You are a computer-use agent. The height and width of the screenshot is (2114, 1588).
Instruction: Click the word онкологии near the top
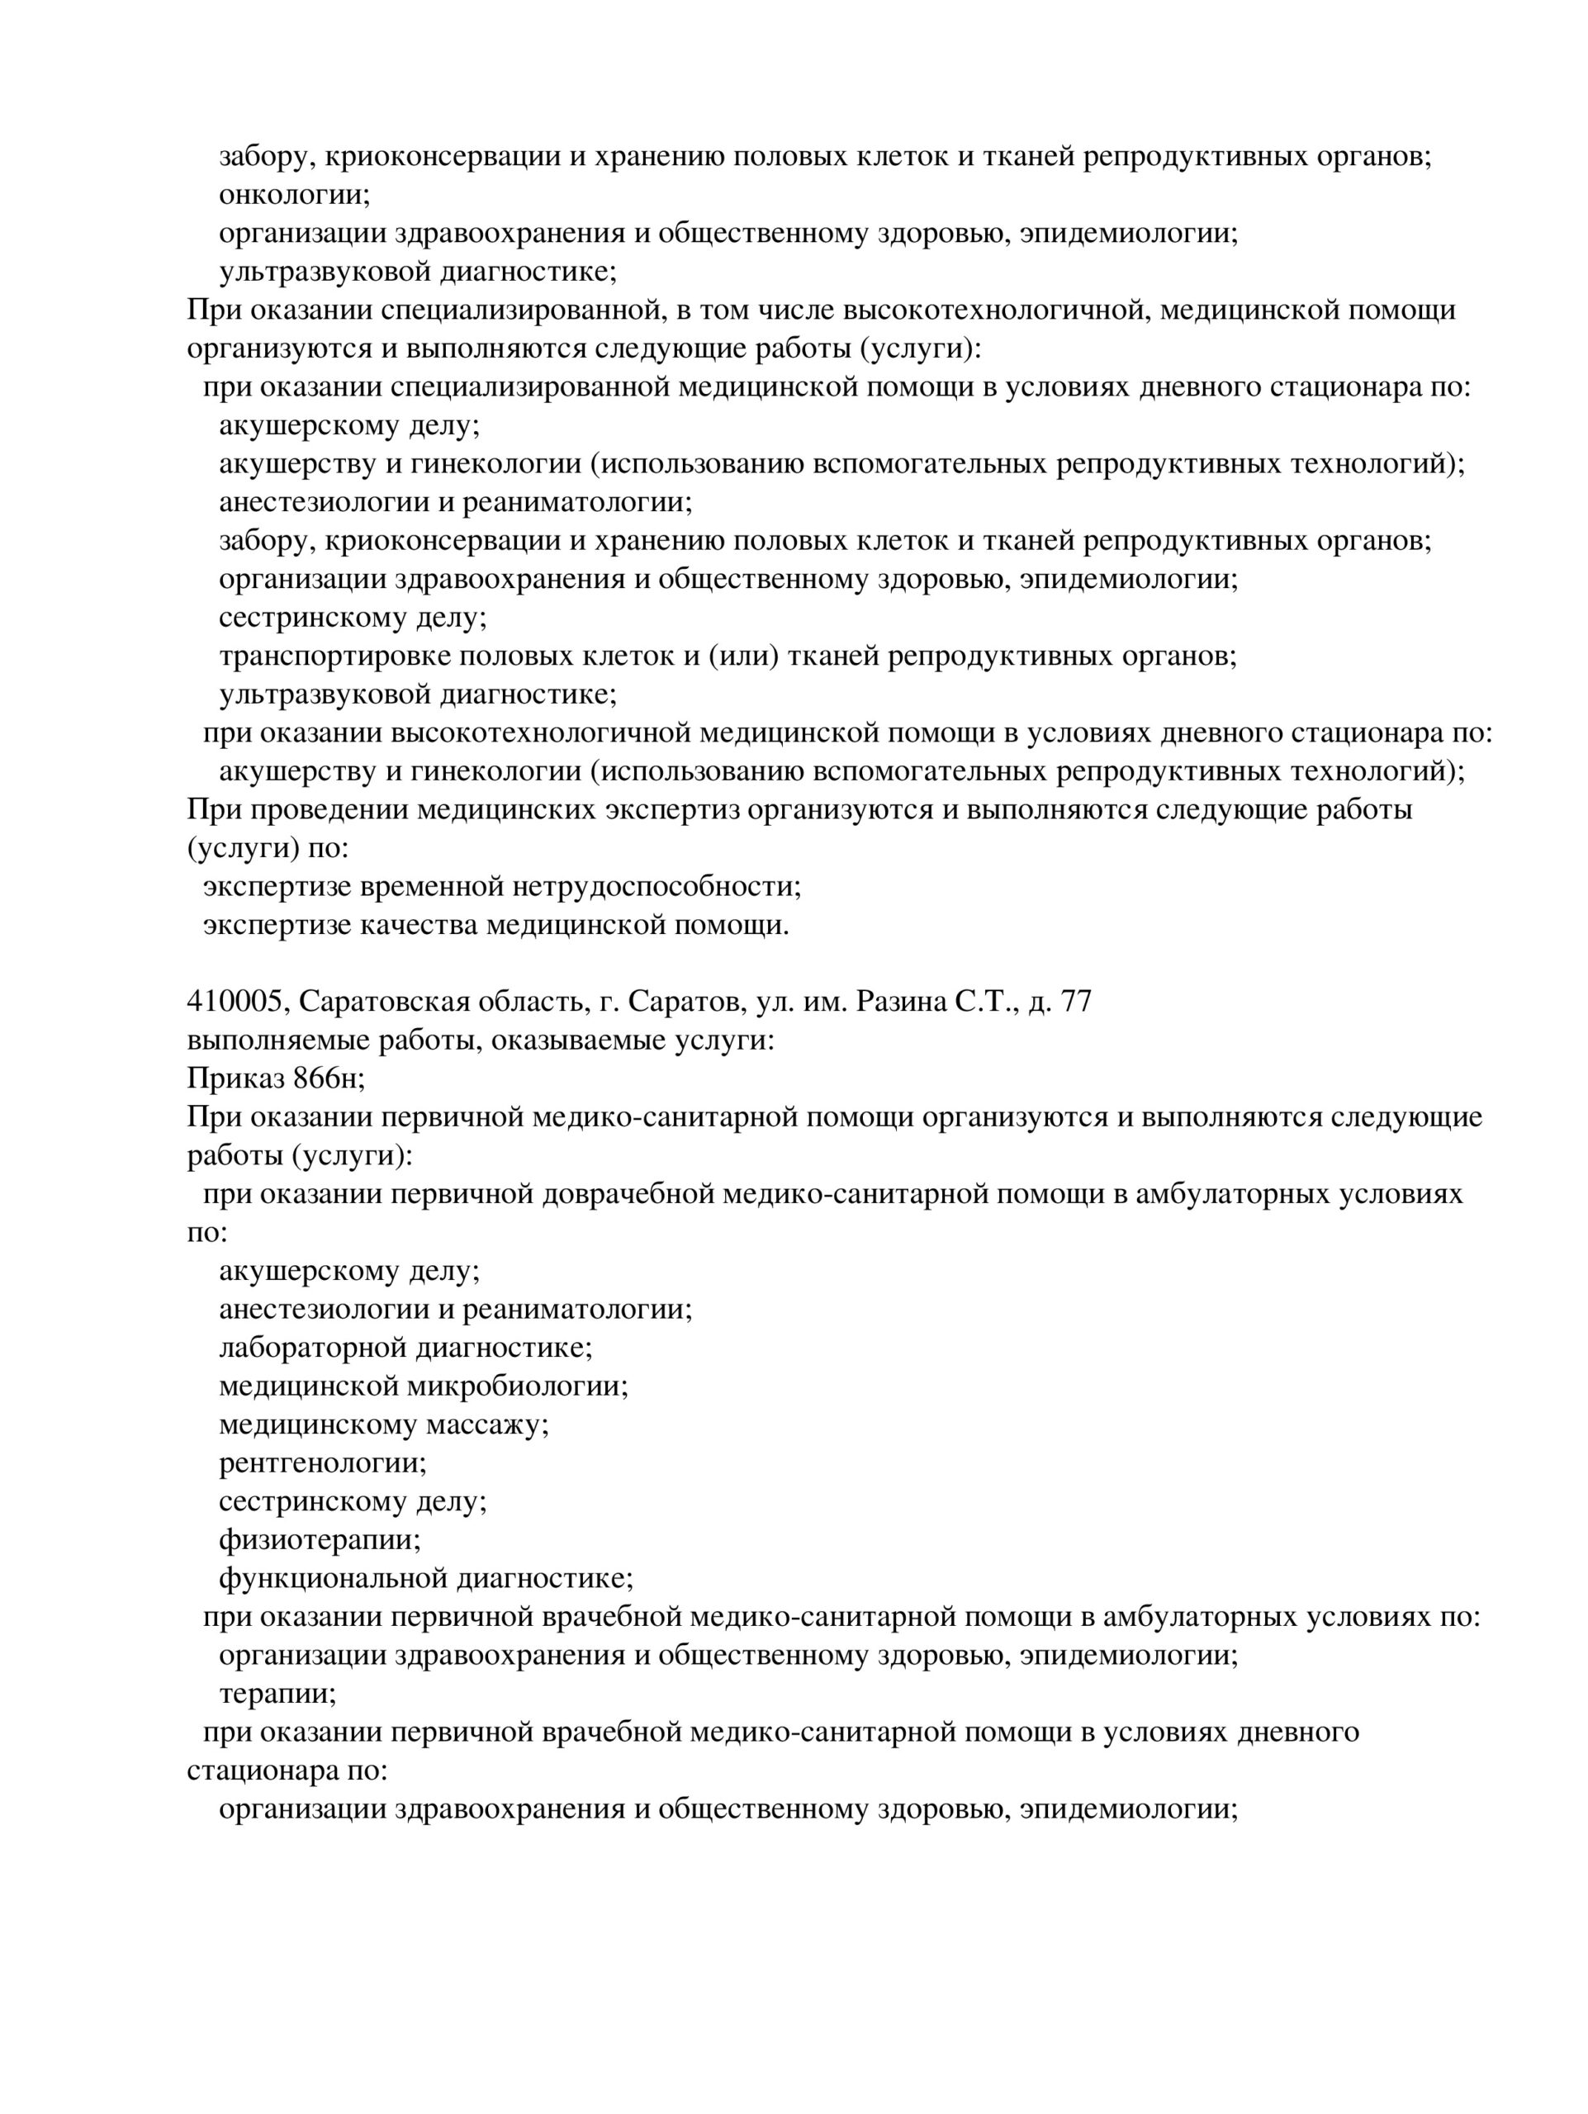tap(293, 195)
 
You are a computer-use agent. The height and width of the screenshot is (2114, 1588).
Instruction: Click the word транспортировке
tap(334, 656)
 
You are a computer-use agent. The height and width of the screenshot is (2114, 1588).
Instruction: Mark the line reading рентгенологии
tap(322, 1463)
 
